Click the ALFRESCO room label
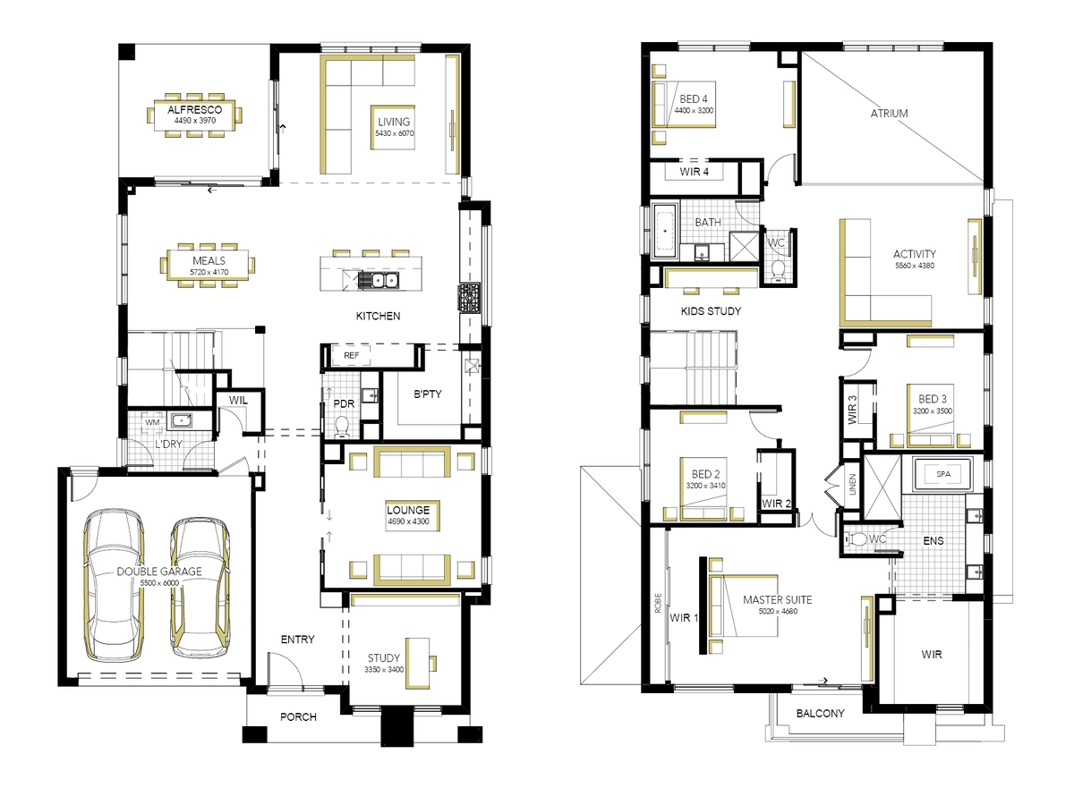(x=194, y=109)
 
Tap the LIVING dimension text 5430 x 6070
(x=395, y=133)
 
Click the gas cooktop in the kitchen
(x=469, y=297)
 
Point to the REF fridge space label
(x=351, y=355)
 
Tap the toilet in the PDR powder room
(x=341, y=427)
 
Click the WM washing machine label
(x=152, y=422)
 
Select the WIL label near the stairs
(x=238, y=400)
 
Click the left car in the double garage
(x=114, y=585)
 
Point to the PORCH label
(x=298, y=717)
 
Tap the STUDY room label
(x=384, y=658)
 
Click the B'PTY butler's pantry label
(x=427, y=394)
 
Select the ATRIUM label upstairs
(x=889, y=114)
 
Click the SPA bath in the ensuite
(x=942, y=474)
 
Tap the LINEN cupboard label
(x=852, y=485)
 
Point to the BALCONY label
(x=820, y=713)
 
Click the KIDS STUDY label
(x=711, y=311)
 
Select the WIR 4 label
(x=694, y=172)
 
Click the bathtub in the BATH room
(x=664, y=231)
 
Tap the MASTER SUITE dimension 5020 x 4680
(x=778, y=611)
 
